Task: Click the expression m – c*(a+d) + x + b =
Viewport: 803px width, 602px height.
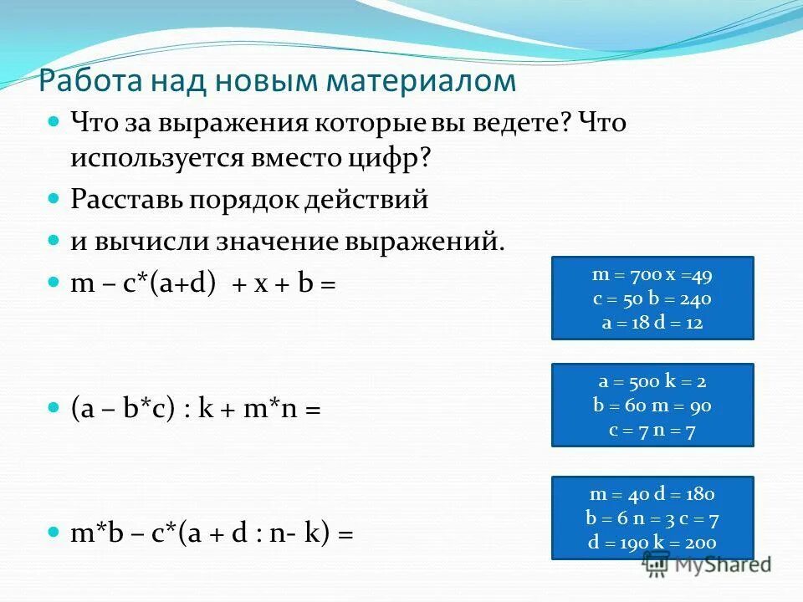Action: [202, 284]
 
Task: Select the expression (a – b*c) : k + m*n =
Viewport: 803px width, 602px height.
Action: [196, 410]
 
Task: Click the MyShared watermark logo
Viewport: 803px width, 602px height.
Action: [708, 564]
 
